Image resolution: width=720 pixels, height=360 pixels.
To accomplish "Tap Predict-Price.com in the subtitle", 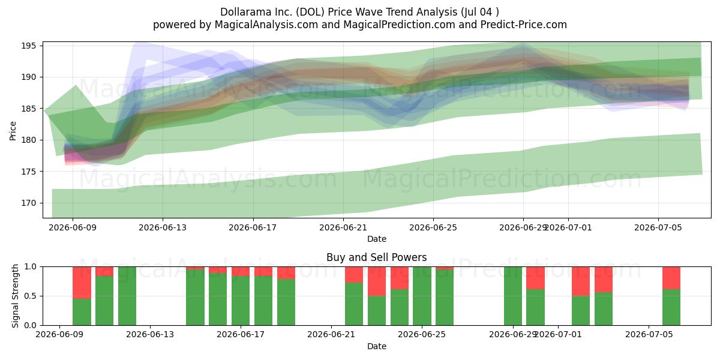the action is (524, 25).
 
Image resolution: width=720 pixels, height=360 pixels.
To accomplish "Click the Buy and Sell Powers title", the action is (376, 257).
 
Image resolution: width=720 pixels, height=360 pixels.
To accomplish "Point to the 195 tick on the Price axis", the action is (29, 46).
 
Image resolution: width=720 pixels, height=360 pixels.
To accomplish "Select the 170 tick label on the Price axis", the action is (29, 203).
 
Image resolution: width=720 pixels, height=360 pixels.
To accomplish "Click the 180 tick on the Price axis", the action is (29, 140).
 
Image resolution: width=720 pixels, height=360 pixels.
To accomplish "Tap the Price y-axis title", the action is (13, 131).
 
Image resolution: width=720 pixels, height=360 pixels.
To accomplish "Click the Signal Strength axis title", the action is (15, 296).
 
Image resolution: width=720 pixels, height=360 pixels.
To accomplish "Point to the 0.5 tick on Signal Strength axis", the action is (31, 296).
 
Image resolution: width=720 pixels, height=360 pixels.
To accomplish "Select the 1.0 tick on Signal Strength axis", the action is (31, 267).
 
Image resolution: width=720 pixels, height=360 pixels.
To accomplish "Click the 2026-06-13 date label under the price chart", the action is (163, 227).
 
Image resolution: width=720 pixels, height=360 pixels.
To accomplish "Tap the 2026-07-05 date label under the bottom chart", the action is (649, 335).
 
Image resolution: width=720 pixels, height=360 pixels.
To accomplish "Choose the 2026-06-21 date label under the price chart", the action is (343, 227).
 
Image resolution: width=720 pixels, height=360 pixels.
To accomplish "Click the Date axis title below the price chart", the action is (377, 239).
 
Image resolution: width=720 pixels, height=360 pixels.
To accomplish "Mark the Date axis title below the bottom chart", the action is (377, 346).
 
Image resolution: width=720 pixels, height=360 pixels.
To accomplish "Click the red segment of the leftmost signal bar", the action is (82, 283).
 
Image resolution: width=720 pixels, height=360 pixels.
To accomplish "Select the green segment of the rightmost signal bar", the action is (671, 307).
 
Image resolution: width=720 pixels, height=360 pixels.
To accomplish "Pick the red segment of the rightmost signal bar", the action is (671, 278).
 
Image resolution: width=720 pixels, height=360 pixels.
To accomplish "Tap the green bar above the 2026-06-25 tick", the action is (422, 296).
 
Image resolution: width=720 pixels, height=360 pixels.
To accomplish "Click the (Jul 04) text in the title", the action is (480, 12).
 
